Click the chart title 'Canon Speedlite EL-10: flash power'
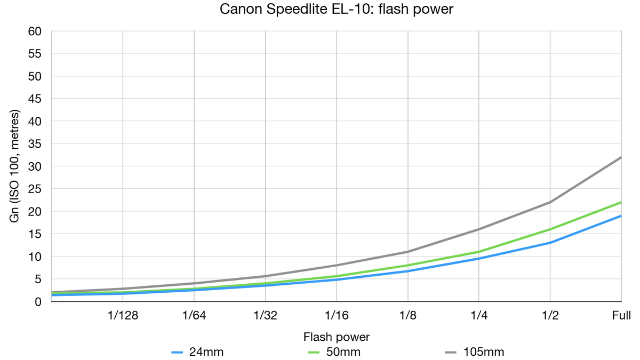[336, 10]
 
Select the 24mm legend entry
[205, 351]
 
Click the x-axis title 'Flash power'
[337, 337]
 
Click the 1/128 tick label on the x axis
[123, 315]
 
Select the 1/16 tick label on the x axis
[337, 315]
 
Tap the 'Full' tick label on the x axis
[621, 315]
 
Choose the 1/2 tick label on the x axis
[550, 315]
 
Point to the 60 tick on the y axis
[35, 31]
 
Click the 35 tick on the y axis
[35, 144]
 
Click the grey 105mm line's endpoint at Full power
[621, 157]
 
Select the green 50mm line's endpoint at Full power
[621, 202]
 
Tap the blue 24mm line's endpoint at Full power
[621, 216]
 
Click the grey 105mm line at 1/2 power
[550, 202]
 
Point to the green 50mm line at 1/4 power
[479, 252]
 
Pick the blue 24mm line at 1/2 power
[550, 243]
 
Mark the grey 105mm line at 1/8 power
[408, 252]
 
